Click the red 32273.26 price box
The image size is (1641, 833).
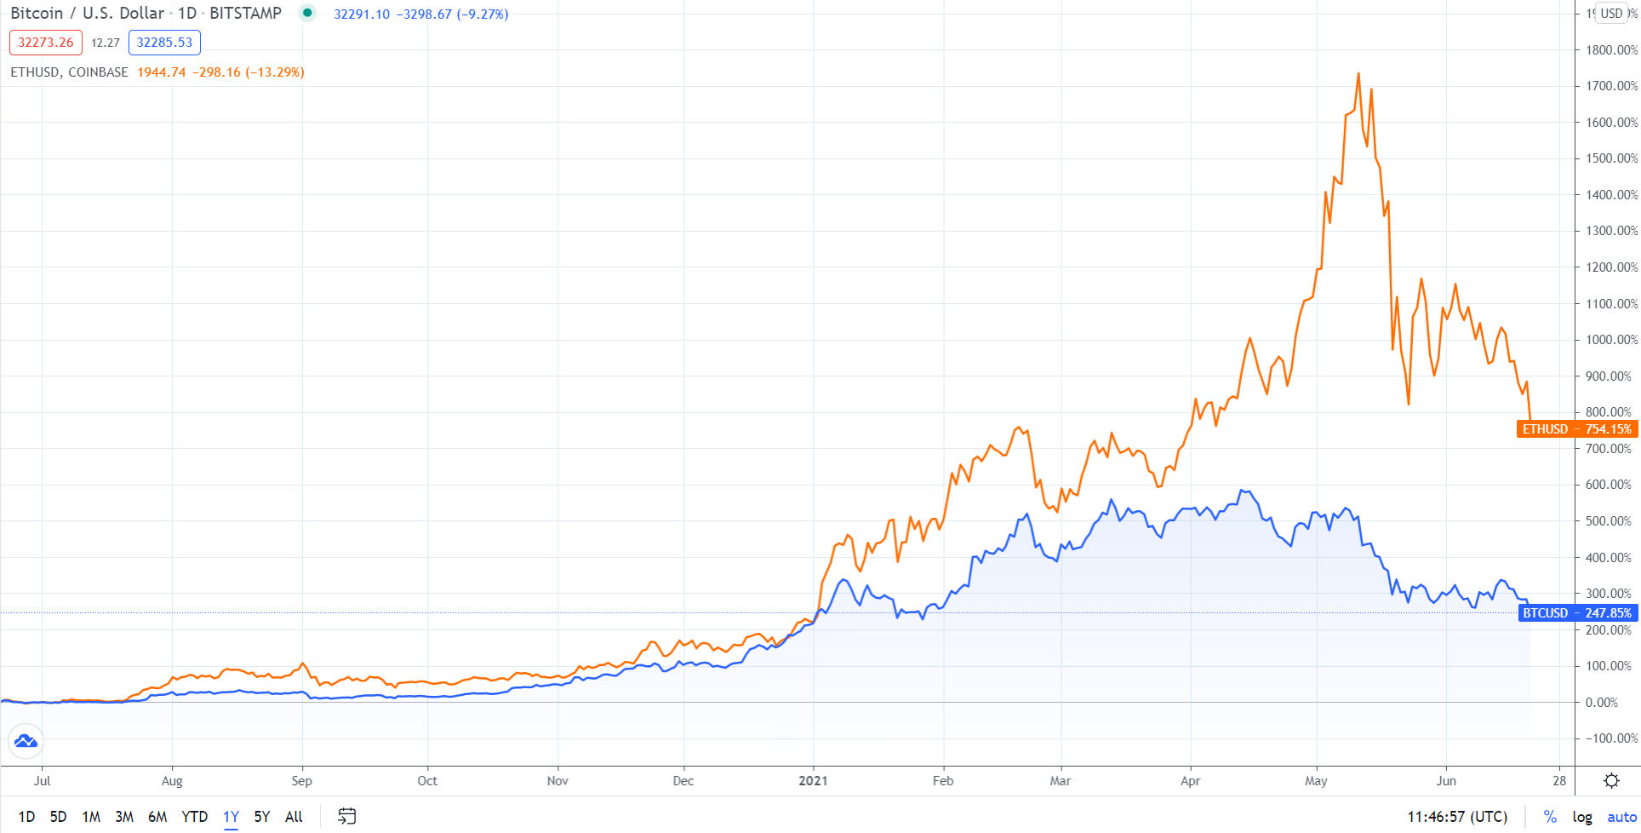pos(46,43)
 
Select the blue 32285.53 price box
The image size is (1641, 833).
pos(164,43)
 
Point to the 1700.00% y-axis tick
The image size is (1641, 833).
pos(1611,86)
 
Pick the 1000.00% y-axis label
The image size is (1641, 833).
pos(1611,340)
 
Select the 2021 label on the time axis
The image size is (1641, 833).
pos(813,781)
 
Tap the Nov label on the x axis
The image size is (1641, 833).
pos(557,781)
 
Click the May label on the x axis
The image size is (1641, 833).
pos(1316,781)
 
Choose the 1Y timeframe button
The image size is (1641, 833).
pos(231,817)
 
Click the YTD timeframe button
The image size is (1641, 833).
pos(195,817)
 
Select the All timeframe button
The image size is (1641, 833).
pos(294,817)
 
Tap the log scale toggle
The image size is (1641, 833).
pos(1582,817)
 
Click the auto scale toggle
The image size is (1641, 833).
pos(1621,817)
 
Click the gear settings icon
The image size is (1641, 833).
pos(1611,781)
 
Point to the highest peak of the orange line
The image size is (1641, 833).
pos(1358,74)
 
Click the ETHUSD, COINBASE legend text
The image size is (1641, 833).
pos(69,72)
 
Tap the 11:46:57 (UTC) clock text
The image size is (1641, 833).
pos(1456,817)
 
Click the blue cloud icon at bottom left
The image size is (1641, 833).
pos(26,741)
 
